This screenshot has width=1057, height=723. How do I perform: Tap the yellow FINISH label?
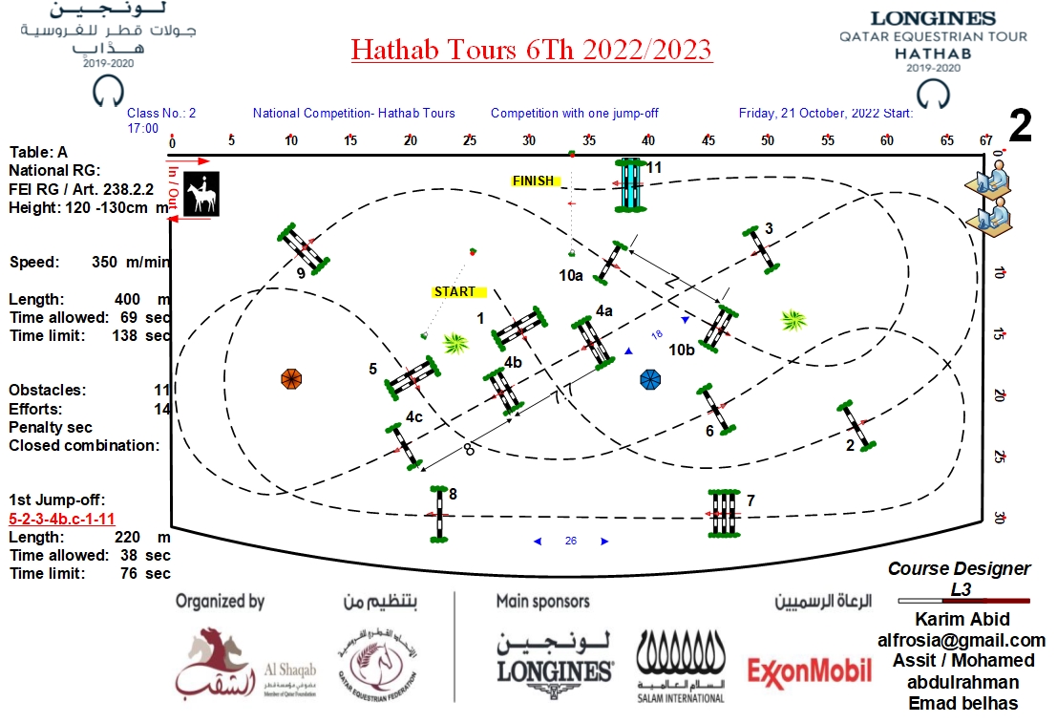[534, 181]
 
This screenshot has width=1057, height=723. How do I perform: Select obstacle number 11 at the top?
[630, 184]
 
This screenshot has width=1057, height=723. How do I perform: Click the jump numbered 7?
[724, 513]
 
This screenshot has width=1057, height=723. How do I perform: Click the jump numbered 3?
[761, 250]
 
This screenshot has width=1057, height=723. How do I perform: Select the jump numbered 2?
[856, 426]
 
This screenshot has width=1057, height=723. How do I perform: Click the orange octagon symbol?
[292, 378]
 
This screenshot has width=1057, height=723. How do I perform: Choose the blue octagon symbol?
[651, 380]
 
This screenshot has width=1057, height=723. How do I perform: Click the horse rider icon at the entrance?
[202, 194]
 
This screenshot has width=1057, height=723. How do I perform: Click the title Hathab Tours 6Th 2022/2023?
[531, 49]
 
